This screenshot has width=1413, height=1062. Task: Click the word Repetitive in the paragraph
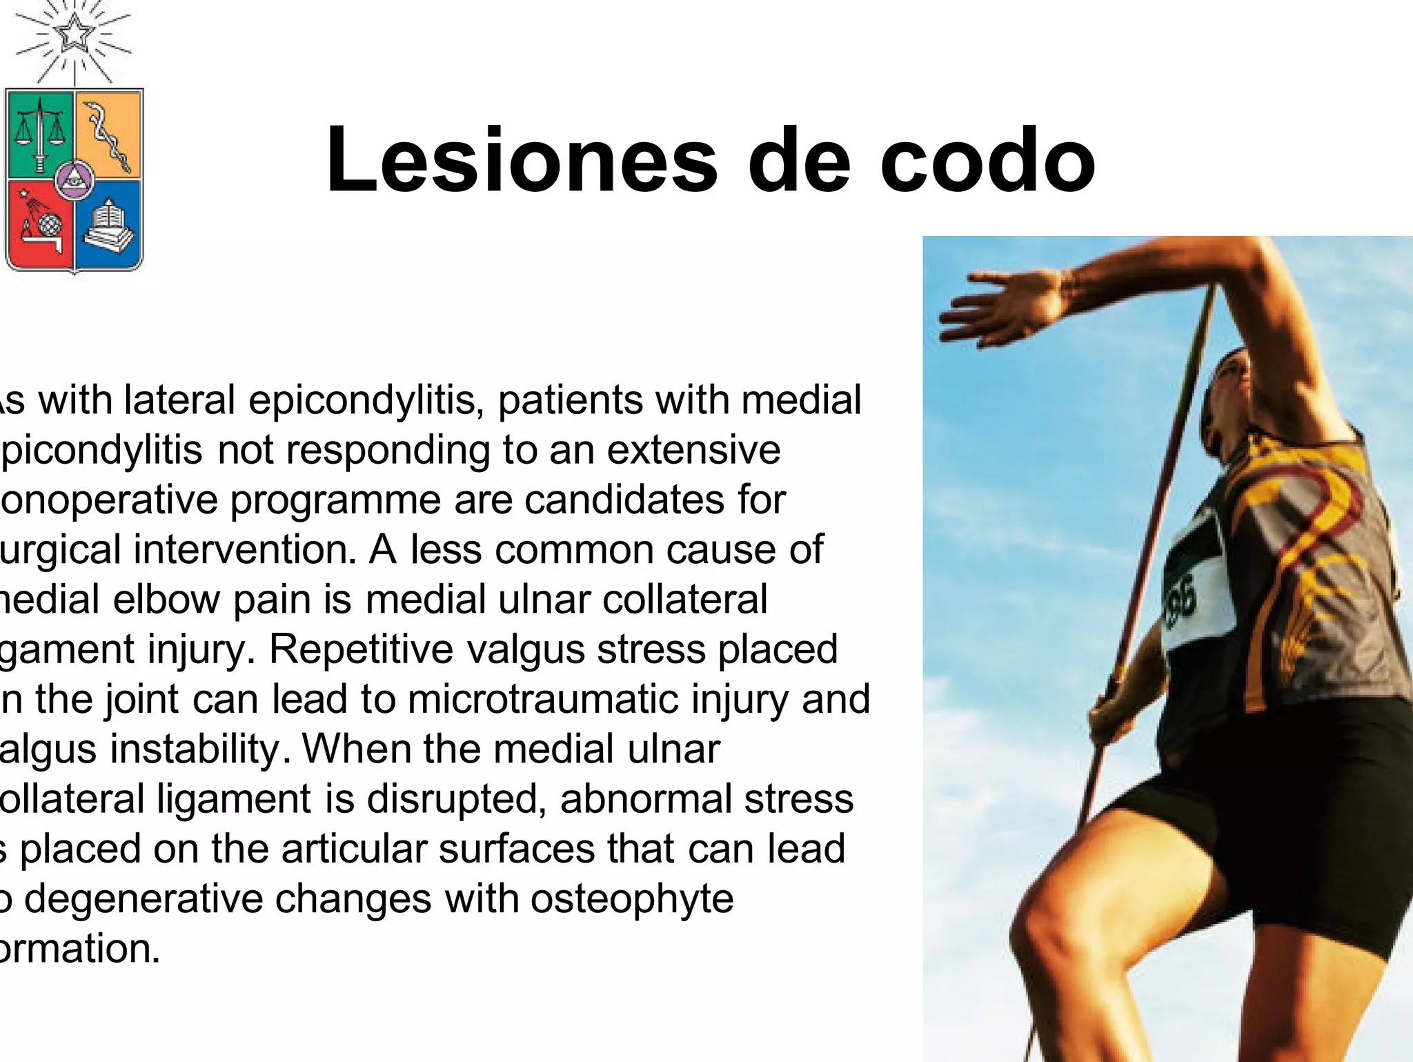(x=359, y=649)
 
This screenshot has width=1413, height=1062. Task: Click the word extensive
(x=693, y=450)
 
